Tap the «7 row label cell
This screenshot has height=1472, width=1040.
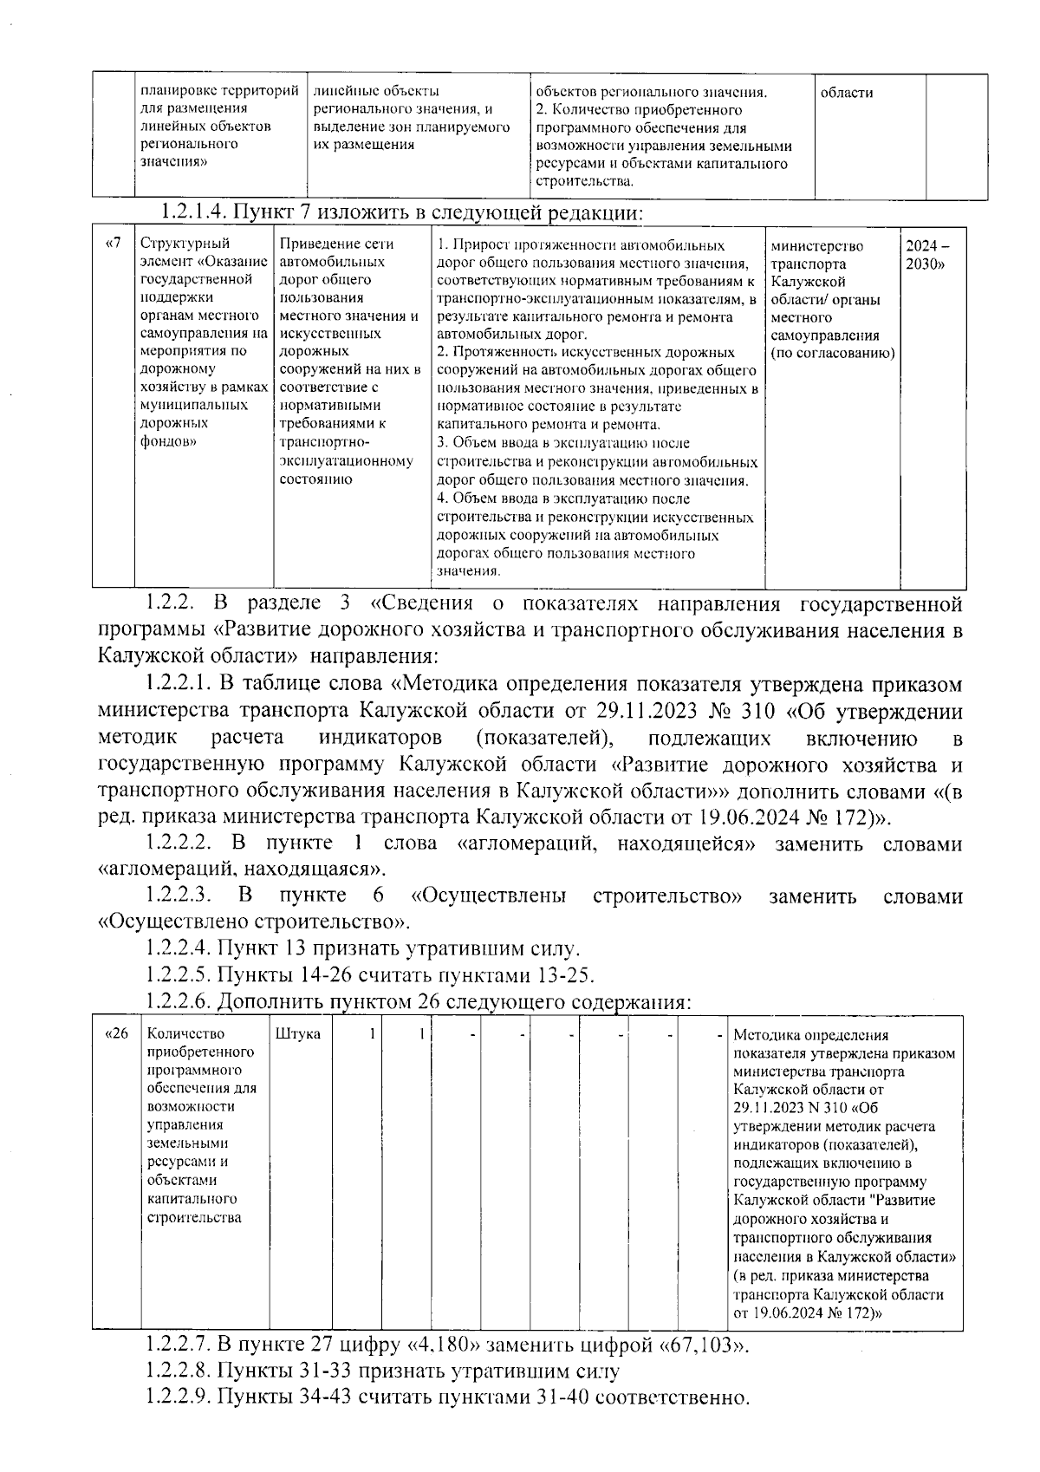[x=113, y=244]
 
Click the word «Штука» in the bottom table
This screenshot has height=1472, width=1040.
[x=298, y=1033]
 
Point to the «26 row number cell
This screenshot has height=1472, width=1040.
[x=116, y=1033]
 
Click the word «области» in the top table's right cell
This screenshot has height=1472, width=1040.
[x=846, y=92]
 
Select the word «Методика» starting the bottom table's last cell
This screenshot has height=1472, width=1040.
[x=765, y=1034]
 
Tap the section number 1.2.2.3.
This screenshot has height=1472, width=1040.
[x=179, y=895]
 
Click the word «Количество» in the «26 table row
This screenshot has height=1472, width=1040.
[x=186, y=1033]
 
